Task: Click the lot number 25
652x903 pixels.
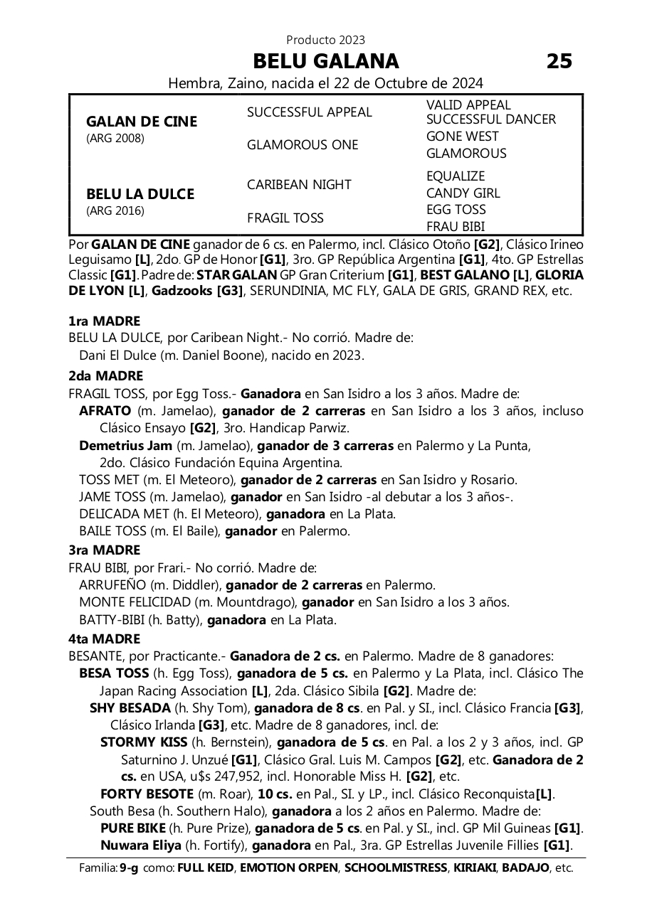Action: pyautogui.click(x=559, y=61)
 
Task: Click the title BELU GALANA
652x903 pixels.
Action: pyautogui.click(x=325, y=61)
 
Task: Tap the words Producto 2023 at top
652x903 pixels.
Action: pyautogui.click(x=325, y=40)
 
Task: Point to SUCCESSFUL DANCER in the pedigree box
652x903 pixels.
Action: pyautogui.click(x=490, y=119)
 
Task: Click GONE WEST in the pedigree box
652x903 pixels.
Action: pyautogui.click(x=462, y=137)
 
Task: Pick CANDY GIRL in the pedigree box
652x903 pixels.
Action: pyautogui.click(x=463, y=193)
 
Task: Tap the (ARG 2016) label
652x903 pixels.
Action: pyautogui.click(x=115, y=210)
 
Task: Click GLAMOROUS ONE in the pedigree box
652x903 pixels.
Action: pyautogui.click(x=302, y=145)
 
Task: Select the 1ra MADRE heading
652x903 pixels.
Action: pyautogui.click(x=104, y=321)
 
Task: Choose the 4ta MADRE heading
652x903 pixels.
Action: pyautogui.click(x=104, y=639)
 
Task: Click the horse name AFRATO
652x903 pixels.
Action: pyautogui.click(x=105, y=411)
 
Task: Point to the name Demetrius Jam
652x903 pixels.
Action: pyautogui.click(x=125, y=446)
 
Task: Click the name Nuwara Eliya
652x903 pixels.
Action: pyautogui.click(x=140, y=845)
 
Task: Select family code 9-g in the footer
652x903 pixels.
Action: pyautogui.click(x=129, y=868)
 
